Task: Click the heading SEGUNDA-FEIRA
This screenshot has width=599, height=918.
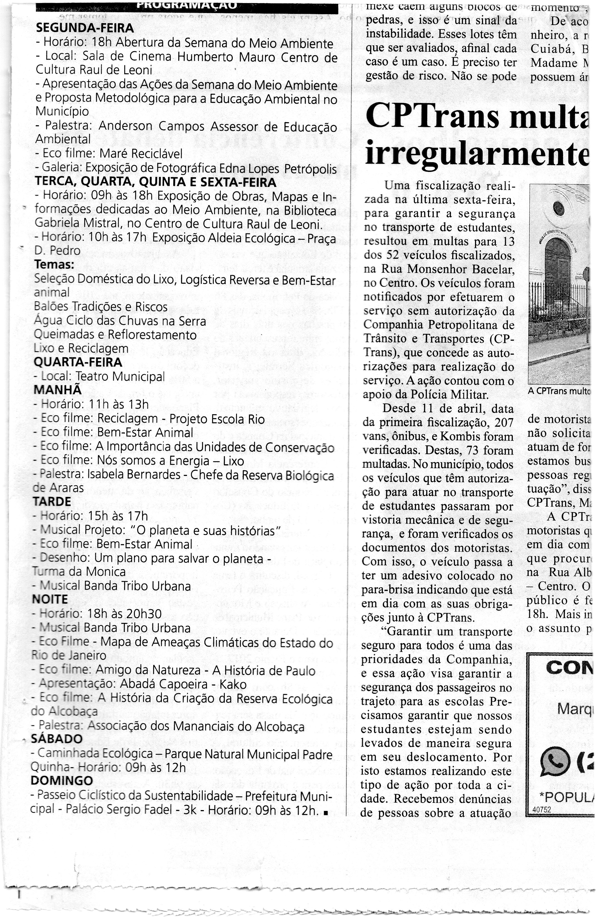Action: click(85, 28)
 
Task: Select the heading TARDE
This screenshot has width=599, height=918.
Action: click(52, 502)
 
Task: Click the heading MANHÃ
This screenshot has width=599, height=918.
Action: click(58, 390)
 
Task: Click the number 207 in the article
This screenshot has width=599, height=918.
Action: click(504, 423)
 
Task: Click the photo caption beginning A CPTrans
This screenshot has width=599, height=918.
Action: click(559, 391)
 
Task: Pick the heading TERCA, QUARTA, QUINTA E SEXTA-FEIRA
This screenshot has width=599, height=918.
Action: click(155, 182)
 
